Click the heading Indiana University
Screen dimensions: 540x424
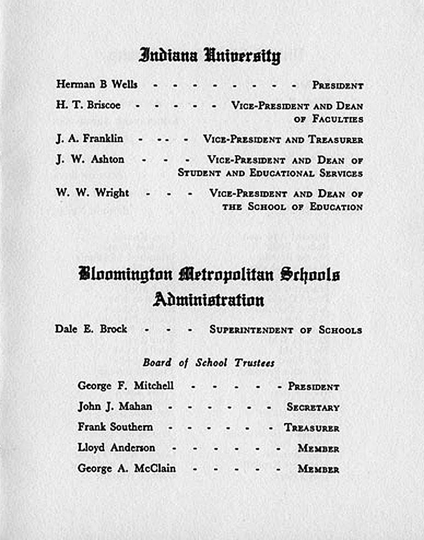[x=210, y=55]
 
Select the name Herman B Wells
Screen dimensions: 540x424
[x=97, y=85]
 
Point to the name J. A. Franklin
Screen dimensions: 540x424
[x=89, y=139]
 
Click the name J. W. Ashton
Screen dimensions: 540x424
[x=90, y=160]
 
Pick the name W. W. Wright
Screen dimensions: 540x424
[x=92, y=193]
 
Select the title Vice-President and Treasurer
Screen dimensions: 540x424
[x=283, y=140]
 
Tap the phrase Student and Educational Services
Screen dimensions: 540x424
[x=270, y=173]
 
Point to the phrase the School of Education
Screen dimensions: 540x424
[x=292, y=207]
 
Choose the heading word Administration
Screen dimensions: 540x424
[x=209, y=300]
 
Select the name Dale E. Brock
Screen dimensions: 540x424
[x=91, y=329]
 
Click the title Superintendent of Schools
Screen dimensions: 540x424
[x=285, y=330]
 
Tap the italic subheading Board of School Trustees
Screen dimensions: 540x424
[x=209, y=363]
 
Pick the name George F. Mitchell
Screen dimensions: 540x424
[x=126, y=386]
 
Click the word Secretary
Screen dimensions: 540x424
[x=313, y=408]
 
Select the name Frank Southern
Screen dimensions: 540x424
[x=115, y=427]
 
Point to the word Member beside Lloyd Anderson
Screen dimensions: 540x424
[x=318, y=449]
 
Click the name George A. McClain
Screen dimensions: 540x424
[x=127, y=468]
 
